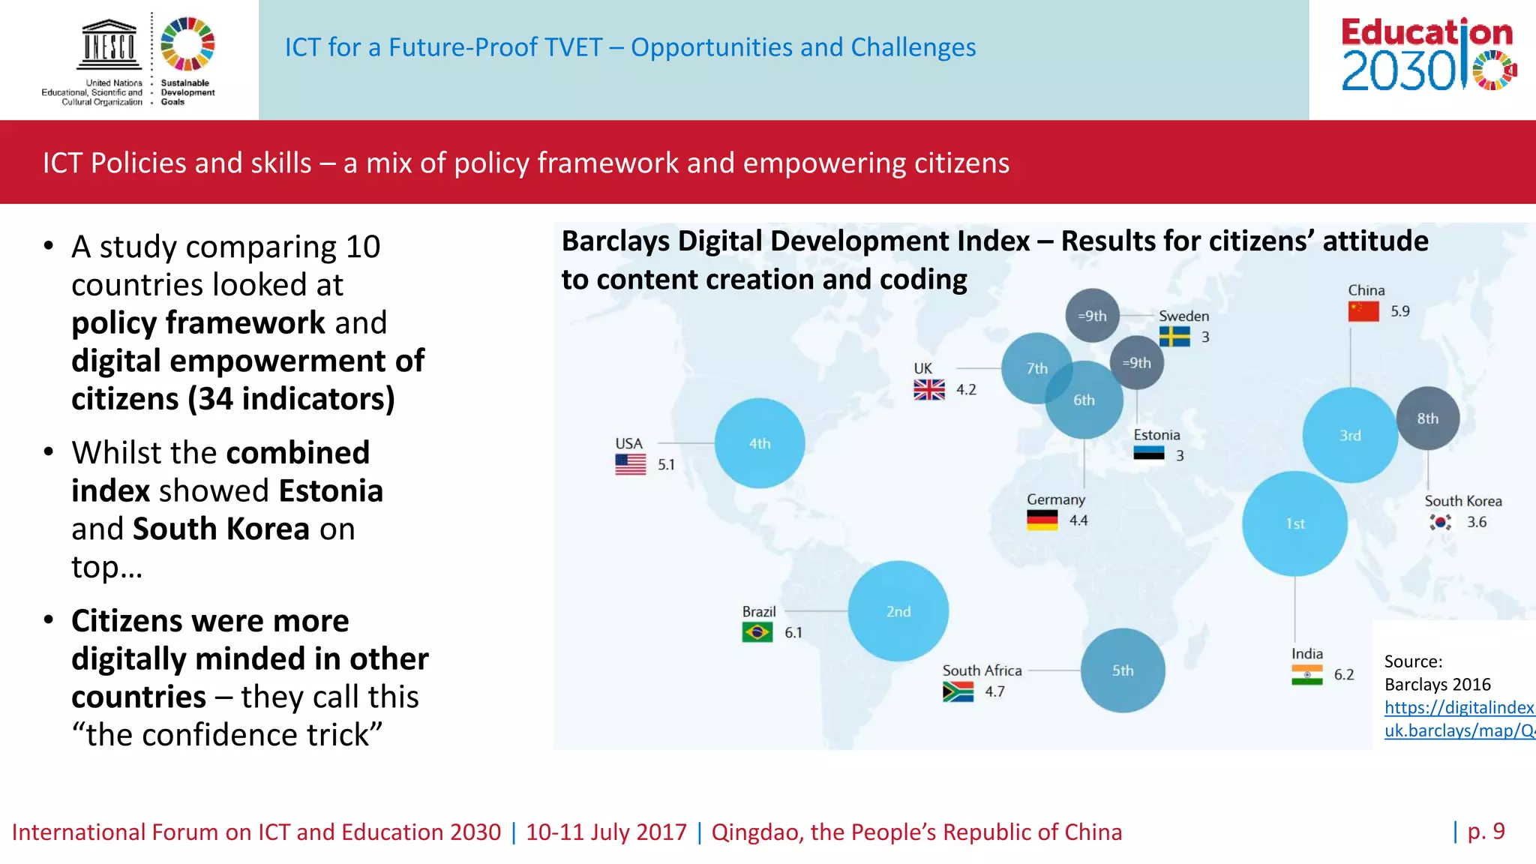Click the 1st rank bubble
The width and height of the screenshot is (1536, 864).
coord(1294,523)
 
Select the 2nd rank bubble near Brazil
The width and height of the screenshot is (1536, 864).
coord(898,611)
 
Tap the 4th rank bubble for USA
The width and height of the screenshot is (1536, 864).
coord(759,443)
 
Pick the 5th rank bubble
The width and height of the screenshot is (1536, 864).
coord(1122,670)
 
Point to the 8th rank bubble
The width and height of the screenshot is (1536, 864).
coord(1427,418)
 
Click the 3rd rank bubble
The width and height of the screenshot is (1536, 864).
coord(1350,435)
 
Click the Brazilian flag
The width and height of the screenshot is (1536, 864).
coord(757,633)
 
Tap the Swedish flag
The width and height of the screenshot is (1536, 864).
coord(1174,337)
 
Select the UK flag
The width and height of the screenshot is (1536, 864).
coord(929,389)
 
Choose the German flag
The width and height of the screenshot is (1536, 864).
coord(1042,520)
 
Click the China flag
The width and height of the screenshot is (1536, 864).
coord(1363,311)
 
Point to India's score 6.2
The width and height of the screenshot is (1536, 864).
coord(1344,675)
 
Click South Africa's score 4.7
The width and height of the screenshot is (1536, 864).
coord(994,691)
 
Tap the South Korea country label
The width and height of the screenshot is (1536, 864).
coord(1462,501)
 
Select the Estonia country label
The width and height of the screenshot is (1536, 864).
coord(1156,435)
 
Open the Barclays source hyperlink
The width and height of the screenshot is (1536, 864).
coord(1459,718)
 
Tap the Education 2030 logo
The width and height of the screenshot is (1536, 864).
coord(1428,54)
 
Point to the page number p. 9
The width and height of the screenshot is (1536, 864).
coord(1486,831)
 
